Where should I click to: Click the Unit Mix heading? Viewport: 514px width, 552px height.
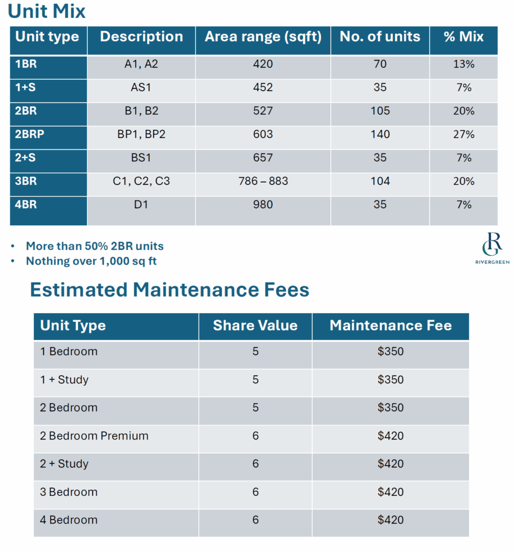pos(47,11)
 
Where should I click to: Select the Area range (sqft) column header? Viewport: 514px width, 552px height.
pos(263,37)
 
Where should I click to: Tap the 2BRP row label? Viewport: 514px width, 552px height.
pos(30,134)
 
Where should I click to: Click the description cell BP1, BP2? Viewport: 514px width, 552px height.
pos(141,134)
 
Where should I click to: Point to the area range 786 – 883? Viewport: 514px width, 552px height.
pos(263,181)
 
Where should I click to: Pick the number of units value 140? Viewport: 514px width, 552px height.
pos(380,134)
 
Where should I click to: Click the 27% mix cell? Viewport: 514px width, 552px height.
pos(463,134)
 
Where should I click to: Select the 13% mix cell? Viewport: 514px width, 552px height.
pos(463,64)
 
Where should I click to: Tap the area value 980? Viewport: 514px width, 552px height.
pos(263,205)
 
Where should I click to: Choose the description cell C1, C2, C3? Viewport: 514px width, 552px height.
pos(141,181)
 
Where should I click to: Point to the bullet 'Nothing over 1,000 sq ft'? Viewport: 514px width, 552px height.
pos(92,261)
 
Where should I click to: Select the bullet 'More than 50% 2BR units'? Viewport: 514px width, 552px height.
pos(95,246)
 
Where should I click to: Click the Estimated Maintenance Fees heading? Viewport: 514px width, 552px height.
pos(169,290)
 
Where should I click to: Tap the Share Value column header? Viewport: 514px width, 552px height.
pos(255,326)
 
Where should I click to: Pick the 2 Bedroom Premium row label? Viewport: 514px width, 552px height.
pos(94,436)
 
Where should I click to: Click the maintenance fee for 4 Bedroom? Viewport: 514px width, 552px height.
pos(391,520)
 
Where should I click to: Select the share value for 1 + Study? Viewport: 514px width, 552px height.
pos(255,379)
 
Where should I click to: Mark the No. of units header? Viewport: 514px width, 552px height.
pos(380,37)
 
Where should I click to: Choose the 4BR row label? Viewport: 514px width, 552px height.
pos(26,205)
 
